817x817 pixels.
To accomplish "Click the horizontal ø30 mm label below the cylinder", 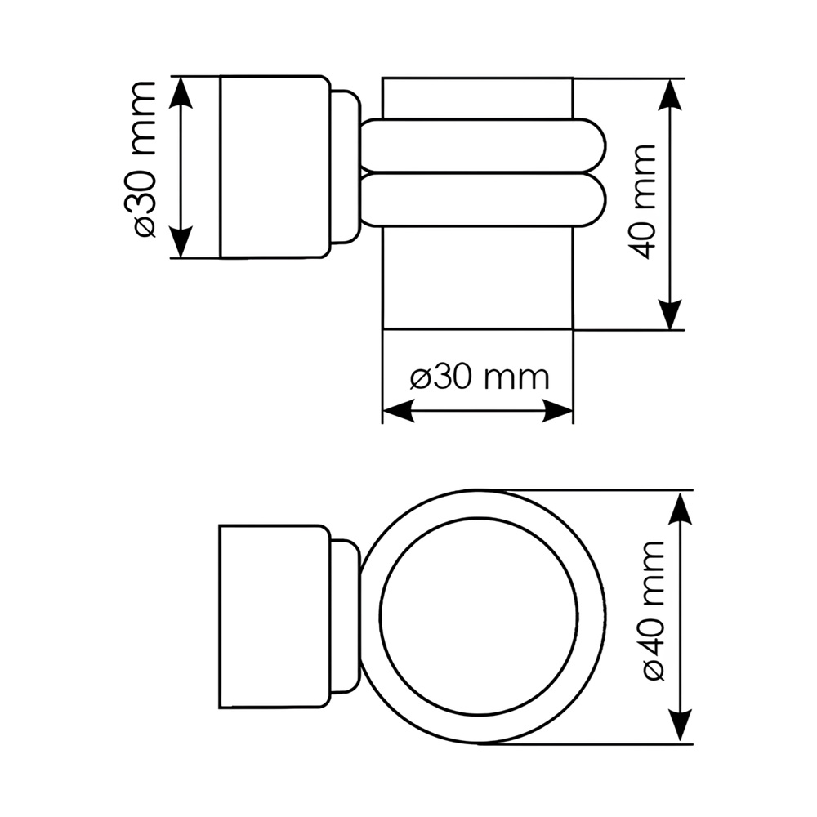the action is click(x=480, y=377).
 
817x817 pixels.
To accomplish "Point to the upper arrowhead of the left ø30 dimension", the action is click(x=181, y=93).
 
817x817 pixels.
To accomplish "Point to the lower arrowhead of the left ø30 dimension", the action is click(x=181, y=242).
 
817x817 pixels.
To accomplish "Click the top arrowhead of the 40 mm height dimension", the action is click(x=670, y=95).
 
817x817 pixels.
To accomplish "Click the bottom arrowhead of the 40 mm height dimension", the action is click(x=670, y=314).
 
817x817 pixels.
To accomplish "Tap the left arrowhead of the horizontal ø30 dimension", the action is click(x=399, y=411).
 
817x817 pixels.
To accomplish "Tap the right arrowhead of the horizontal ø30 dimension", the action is click(x=557, y=411).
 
